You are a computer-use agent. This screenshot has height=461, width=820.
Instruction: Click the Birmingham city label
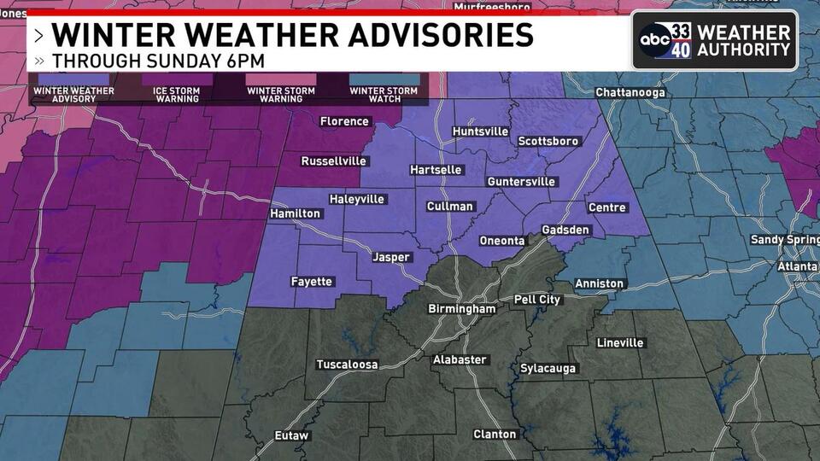point(461,309)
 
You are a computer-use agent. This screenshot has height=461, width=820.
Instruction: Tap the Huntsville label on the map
point(480,131)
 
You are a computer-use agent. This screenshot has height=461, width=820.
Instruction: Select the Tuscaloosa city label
point(348,365)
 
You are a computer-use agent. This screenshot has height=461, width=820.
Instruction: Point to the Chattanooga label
point(630,92)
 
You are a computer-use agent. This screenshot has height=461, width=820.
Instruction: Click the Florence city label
point(344,121)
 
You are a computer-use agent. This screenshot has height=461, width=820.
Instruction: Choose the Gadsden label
point(565,230)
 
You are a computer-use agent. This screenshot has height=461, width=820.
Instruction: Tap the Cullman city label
point(450,207)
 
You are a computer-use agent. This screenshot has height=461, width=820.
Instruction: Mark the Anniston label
point(600,283)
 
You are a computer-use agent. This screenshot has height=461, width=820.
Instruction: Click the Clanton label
point(495,435)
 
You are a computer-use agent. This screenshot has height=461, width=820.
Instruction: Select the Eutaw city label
point(291,435)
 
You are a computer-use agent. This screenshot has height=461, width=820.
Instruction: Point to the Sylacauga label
point(548,369)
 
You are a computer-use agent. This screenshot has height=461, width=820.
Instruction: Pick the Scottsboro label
point(548,141)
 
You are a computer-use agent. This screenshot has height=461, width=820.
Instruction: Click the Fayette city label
point(312,281)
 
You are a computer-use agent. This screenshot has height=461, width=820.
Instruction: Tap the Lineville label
point(620,342)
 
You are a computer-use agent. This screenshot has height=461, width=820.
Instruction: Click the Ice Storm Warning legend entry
point(177,94)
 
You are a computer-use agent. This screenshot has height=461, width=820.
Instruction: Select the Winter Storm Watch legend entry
point(384,94)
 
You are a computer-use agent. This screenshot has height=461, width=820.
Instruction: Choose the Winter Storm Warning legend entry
point(281,94)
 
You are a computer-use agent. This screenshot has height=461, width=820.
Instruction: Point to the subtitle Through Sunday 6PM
point(158,61)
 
